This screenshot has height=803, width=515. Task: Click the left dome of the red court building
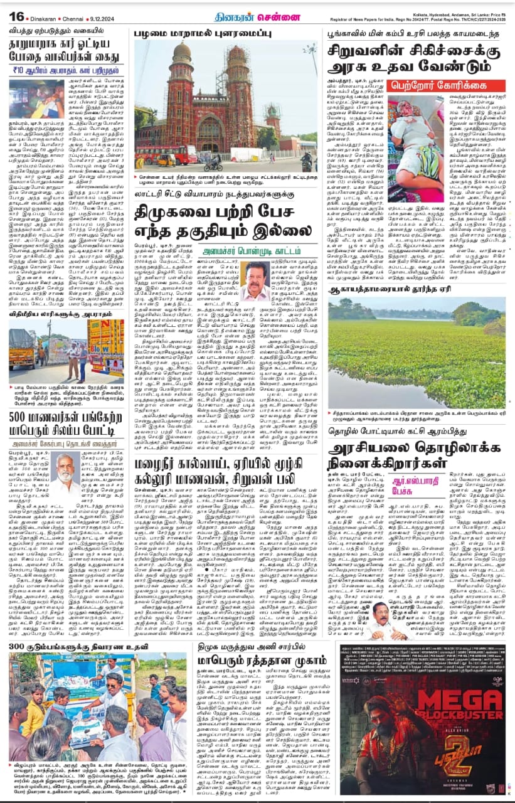click(183, 54)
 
